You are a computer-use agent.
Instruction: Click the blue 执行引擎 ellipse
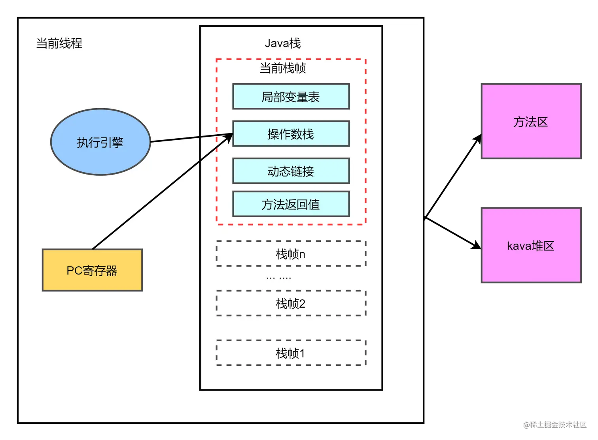[x=100, y=142]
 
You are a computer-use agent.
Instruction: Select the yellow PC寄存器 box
[x=92, y=270]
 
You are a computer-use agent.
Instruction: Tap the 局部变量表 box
[x=291, y=96]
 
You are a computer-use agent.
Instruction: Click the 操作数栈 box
[x=291, y=134]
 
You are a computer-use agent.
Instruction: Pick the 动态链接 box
[x=291, y=171]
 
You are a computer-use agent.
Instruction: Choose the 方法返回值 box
[x=291, y=204]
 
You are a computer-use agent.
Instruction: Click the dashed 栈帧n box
[x=291, y=254]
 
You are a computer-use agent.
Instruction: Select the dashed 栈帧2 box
[x=291, y=303]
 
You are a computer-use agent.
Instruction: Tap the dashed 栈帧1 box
[x=291, y=353]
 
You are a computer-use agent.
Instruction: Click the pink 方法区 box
[x=531, y=122]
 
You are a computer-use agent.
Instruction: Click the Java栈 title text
[x=282, y=43]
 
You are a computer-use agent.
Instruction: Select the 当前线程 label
[x=59, y=43]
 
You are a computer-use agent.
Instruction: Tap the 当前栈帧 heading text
[x=282, y=68]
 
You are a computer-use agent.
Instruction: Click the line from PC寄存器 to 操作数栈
[x=158, y=195]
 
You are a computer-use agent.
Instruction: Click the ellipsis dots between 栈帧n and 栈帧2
[x=278, y=278]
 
